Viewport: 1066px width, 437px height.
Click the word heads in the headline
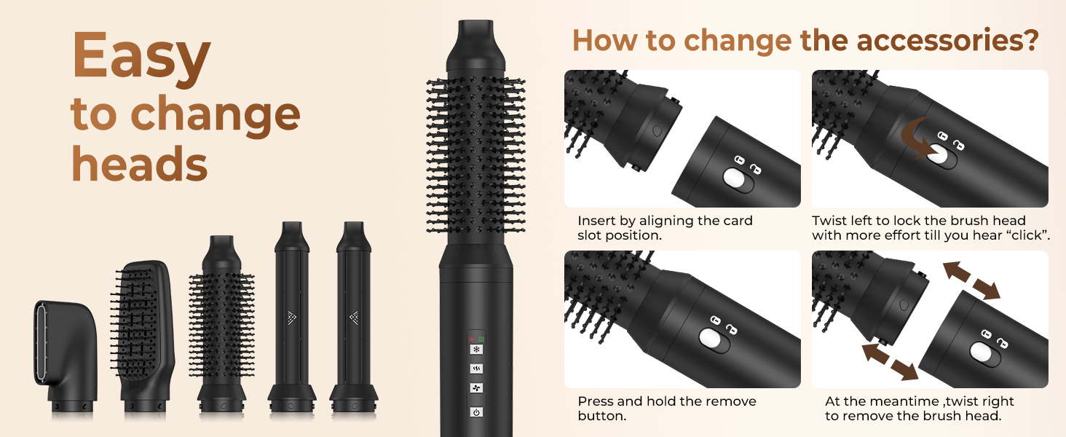tap(139, 164)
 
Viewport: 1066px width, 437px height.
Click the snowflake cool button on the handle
tap(476, 350)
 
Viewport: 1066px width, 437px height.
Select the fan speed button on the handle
tap(476, 388)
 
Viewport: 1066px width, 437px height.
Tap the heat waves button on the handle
tap(476, 369)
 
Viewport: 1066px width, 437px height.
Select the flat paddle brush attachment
tap(142, 337)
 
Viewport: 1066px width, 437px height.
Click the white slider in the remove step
tap(980, 353)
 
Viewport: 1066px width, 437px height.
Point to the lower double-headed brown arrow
tap(890, 362)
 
